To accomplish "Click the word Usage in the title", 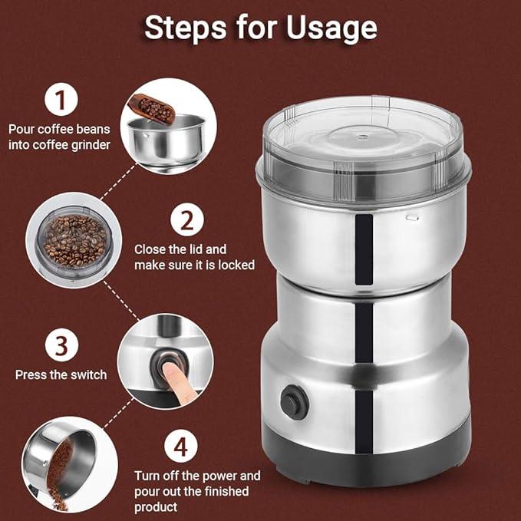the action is (x=331, y=28).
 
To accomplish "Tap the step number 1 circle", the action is (x=61, y=99).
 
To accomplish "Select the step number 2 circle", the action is (x=187, y=219).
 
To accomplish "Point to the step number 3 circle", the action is (x=62, y=345).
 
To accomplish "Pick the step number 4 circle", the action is (x=181, y=446).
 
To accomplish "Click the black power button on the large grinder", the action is (x=295, y=402).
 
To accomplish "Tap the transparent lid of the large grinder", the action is (x=364, y=150).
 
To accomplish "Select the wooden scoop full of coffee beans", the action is (x=152, y=109).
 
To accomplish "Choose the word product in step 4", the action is (x=156, y=507).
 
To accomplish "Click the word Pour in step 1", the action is (x=21, y=129).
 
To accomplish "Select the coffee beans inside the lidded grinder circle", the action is (x=76, y=241).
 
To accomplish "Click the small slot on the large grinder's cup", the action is (x=412, y=218).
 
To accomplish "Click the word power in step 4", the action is (x=220, y=476).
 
